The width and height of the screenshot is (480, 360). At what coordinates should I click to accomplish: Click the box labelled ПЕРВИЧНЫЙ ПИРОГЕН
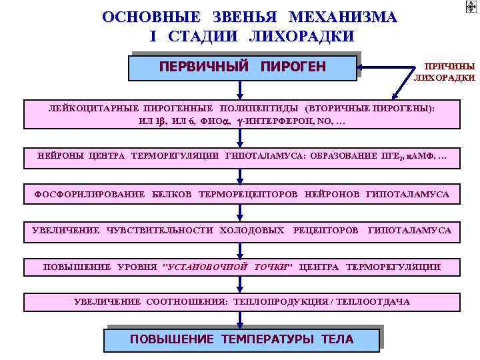(x=243, y=67)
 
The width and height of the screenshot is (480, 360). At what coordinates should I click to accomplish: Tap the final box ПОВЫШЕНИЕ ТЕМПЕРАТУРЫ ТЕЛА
(x=241, y=339)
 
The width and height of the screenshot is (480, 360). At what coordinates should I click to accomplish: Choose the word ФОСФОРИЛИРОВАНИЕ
(x=89, y=195)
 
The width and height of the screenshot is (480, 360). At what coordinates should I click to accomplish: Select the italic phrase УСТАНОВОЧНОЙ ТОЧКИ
(x=228, y=267)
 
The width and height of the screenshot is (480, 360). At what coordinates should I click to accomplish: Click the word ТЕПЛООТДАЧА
(x=373, y=302)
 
